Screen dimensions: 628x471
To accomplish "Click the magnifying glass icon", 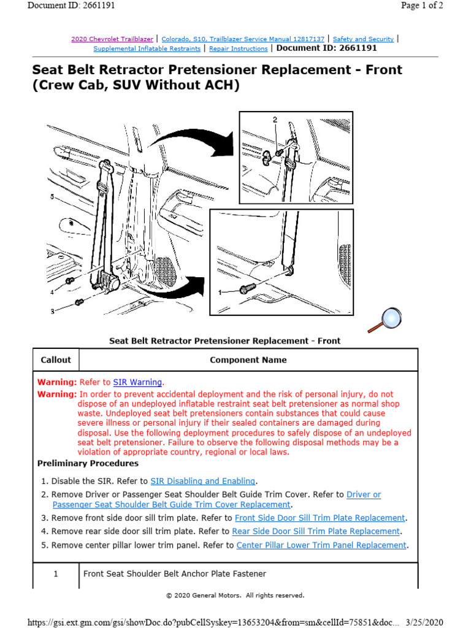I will click(386, 319).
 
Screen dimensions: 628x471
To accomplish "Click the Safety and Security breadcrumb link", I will click(363, 39).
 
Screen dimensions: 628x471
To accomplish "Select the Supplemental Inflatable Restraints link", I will click(147, 48).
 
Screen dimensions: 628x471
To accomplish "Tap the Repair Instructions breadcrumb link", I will click(238, 48).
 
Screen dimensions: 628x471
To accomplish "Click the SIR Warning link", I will click(138, 381).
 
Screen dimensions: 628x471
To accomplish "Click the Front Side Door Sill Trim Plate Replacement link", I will click(320, 518).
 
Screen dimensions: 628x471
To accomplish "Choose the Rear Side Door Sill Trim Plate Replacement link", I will click(316, 531).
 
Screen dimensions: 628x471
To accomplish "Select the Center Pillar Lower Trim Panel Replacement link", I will click(321, 545).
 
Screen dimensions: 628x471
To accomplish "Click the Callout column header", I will click(56, 360).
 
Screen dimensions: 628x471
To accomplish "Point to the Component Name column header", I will click(248, 360).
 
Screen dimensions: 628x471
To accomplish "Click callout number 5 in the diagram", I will click(52, 197).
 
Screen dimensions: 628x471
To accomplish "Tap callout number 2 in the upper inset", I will click(275, 120).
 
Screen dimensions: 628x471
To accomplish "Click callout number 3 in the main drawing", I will click(52, 312).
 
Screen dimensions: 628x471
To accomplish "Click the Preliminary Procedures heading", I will click(88, 463).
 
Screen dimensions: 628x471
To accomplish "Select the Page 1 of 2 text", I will click(422, 6).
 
